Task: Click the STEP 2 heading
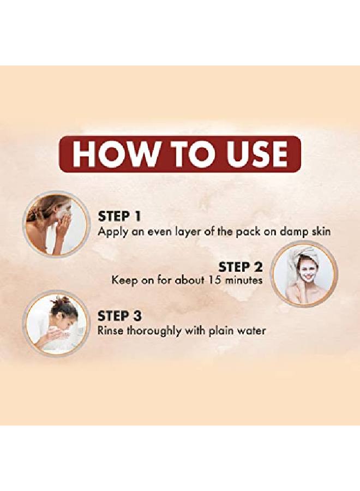(241, 267)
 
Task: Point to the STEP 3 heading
(119, 316)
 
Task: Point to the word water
(251, 331)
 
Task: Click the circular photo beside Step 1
(56, 223)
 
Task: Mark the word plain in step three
(222, 331)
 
